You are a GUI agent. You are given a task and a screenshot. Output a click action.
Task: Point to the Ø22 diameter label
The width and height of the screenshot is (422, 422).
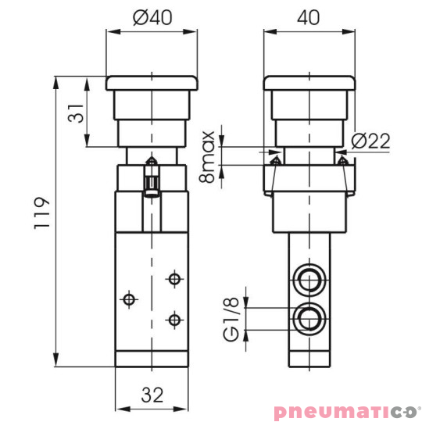(x=370, y=141)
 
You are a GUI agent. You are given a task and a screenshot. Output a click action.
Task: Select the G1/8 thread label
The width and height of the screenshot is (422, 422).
(x=231, y=317)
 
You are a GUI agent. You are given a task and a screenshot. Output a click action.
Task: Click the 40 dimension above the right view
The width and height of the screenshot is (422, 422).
(x=307, y=19)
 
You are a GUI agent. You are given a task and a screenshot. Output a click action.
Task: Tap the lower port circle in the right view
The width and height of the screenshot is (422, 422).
(x=306, y=317)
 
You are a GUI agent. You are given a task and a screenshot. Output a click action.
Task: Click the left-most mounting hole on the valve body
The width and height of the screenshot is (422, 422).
(x=127, y=298)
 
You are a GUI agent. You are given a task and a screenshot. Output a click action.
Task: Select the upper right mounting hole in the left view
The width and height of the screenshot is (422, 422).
(x=173, y=278)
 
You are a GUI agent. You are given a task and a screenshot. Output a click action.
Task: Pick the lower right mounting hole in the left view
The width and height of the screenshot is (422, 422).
(x=173, y=318)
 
